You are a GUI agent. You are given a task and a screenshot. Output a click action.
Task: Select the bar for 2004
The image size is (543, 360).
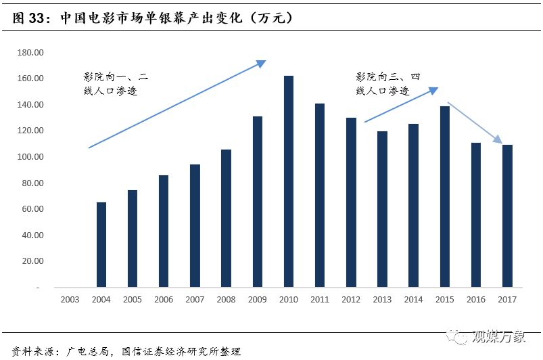[101, 244]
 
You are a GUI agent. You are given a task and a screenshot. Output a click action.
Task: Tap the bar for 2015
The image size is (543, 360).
[444, 196]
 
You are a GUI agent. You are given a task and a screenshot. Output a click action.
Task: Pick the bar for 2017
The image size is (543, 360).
[507, 216]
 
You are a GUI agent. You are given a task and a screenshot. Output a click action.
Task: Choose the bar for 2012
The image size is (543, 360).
[351, 202]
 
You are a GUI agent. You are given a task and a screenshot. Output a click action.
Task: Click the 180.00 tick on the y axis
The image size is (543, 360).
[30, 53]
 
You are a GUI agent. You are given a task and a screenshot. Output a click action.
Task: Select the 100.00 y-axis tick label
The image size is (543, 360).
[30, 157]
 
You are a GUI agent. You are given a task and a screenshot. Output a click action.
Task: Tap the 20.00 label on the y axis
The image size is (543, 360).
[32, 261]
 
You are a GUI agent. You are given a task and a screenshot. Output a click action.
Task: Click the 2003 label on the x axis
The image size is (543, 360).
[70, 299]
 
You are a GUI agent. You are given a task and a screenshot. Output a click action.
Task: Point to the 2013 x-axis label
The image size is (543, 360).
[382, 299]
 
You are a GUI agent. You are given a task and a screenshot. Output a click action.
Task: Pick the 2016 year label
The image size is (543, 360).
[475, 299]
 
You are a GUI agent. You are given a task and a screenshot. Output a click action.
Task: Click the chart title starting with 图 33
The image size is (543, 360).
[152, 18]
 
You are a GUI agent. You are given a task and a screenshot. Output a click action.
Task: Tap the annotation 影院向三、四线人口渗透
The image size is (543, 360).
[388, 84]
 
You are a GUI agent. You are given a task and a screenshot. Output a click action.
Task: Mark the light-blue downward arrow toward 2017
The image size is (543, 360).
[475, 122]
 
